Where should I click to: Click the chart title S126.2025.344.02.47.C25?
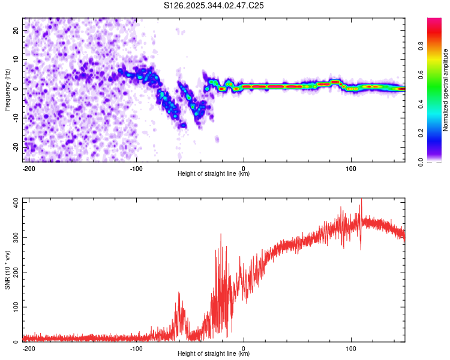pyautogui.click(x=214, y=5)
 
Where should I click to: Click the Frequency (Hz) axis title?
pyautogui.click(x=7, y=89)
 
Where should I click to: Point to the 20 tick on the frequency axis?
pyautogui.click(x=16, y=30)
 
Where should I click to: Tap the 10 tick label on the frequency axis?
pyautogui.click(x=16, y=59)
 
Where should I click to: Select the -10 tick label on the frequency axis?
pyautogui.click(x=15, y=118)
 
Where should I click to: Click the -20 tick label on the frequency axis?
pyautogui.click(x=15, y=147)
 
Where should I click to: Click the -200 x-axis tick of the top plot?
pyautogui.click(x=28, y=167)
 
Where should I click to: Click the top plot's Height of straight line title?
pyautogui.click(x=214, y=173)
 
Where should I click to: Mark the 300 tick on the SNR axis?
pyautogui.click(x=14, y=237)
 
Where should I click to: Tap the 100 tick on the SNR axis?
pyautogui.click(x=14, y=307)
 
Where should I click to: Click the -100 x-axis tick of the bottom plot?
pyautogui.click(x=136, y=348)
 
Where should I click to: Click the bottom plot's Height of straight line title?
pyautogui.click(x=214, y=354)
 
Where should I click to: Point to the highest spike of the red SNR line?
pyautogui.click(x=361, y=199)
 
